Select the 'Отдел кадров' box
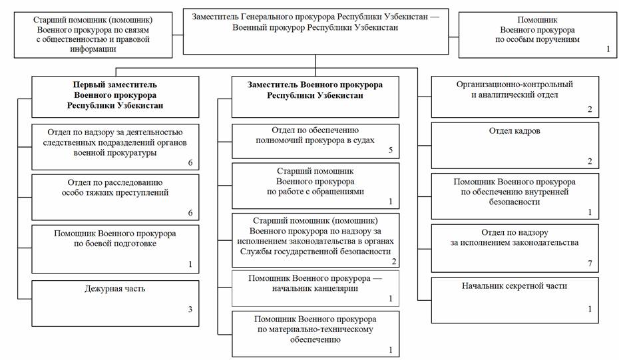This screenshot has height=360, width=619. [515, 145]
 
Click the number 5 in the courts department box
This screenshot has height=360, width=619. [391, 150]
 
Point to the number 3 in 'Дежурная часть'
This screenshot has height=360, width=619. [190, 309]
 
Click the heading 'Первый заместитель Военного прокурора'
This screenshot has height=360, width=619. [115, 95]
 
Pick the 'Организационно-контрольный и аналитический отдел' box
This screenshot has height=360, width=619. [515, 97]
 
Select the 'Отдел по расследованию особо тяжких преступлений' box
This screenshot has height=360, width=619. [115, 197]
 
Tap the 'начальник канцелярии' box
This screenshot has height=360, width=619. [315, 288]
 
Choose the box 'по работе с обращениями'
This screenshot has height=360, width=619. [315, 186]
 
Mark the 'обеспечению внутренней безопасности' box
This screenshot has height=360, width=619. [515, 196]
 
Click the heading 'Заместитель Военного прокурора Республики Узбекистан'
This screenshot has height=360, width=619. [315, 90]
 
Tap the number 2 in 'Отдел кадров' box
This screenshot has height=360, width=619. [589, 161]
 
